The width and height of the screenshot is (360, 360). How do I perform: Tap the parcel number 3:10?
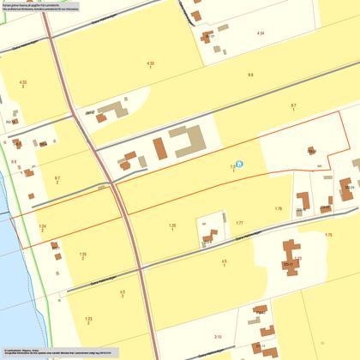[218, 337]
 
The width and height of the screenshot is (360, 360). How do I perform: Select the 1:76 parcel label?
[278, 208]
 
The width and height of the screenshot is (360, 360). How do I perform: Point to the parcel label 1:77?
[238, 223]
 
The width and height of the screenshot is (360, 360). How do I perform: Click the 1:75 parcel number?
[327, 234]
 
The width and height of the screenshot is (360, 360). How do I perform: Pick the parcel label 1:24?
[42, 226]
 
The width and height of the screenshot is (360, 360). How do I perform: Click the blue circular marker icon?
[239, 164]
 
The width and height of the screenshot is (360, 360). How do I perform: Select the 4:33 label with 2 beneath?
[22, 82]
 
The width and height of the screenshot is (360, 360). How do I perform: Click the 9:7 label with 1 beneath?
[293, 105]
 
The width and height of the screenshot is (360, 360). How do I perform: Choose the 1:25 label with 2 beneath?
[83, 255]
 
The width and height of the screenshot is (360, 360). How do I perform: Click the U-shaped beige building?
[187, 141]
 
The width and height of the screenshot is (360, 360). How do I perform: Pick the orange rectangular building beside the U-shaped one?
[160, 148]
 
